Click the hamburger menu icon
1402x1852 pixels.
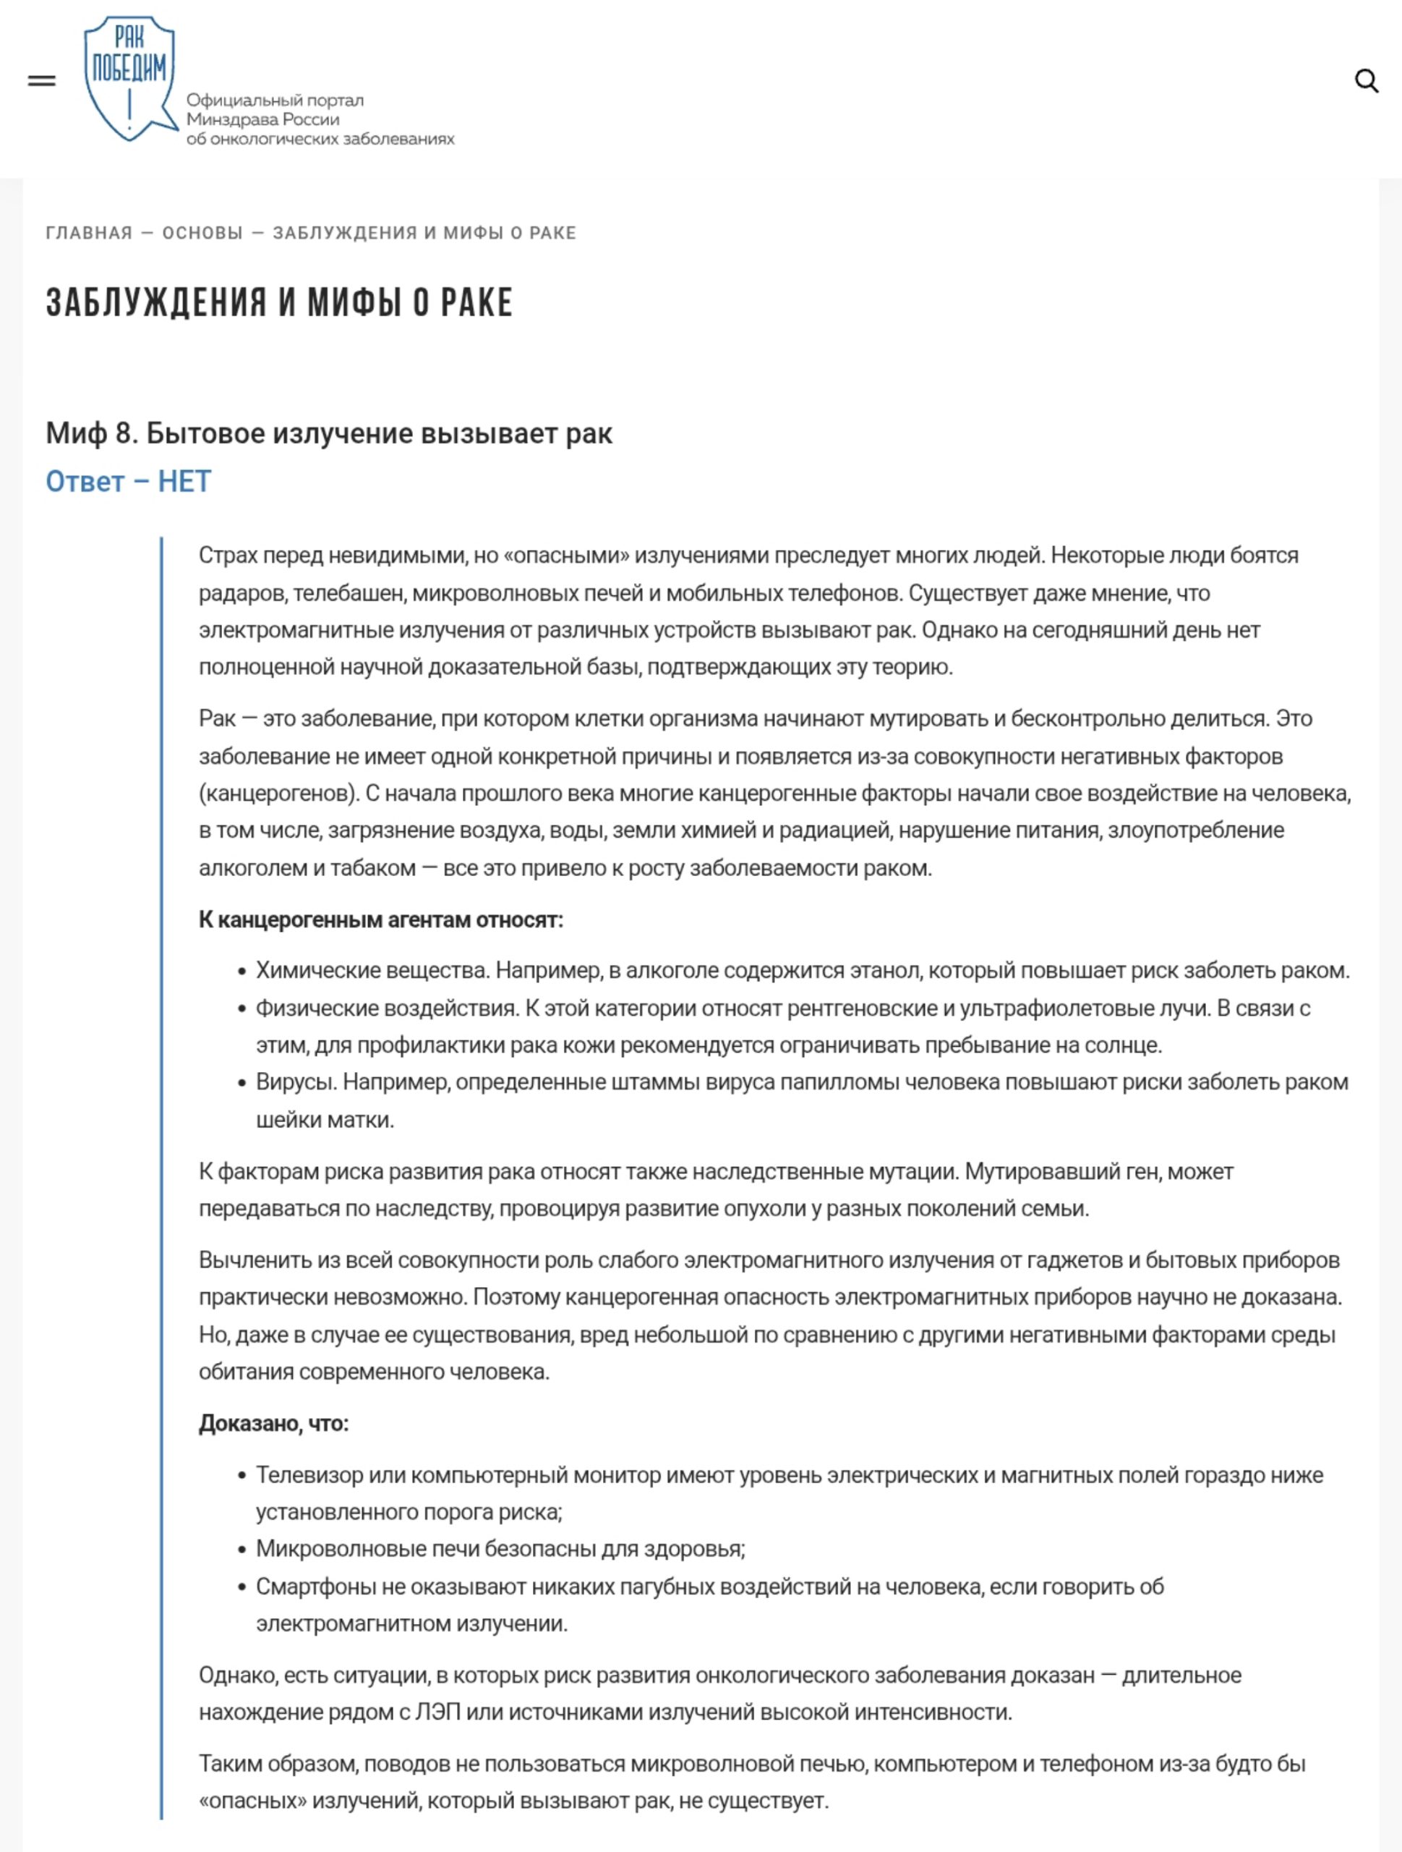click(x=42, y=81)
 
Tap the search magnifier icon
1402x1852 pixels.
click(x=1366, y=81)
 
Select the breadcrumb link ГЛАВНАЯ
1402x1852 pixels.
click(x=89, y=233)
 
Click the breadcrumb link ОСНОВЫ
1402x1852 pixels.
click(x=202, y=233)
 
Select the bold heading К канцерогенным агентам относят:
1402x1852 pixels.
click(x=381, y=919)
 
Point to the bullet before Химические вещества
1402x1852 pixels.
click(x=242, y=972)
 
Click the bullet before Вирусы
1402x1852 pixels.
click(x=242, y=1084)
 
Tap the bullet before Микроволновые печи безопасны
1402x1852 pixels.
click(x=242, y=1550)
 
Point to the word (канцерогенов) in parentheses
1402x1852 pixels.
click(x=276, y=793)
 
